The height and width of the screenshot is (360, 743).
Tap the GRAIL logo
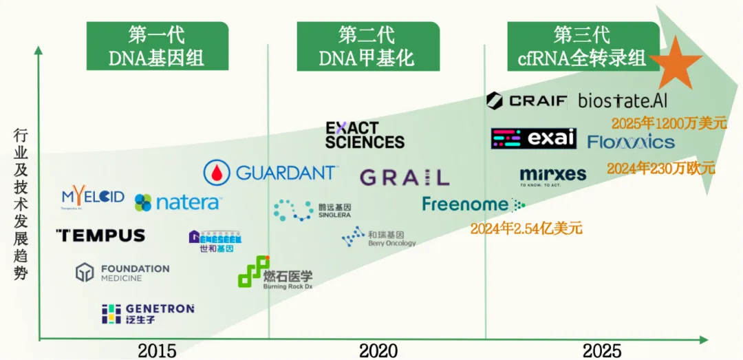[405, 177]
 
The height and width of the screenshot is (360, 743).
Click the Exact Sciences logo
[365, 135]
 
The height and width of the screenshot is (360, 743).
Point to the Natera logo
[177, 202]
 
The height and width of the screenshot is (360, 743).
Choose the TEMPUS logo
[100, 235]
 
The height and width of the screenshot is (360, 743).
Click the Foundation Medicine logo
[122, 273]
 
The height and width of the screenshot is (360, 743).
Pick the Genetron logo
[148, 313]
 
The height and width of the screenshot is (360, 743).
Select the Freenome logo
[473, 204]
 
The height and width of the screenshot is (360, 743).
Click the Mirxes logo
[553, 176]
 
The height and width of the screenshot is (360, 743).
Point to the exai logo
[533, 138]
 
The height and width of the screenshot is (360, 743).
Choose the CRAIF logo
[527, 100]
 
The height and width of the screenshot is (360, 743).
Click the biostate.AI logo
[623, 100]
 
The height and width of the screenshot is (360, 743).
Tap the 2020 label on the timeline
[378, 350]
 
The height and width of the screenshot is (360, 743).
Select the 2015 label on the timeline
[157, 350]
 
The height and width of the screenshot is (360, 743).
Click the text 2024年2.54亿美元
[526, 228]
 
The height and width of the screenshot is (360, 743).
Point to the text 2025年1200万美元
[669, 124]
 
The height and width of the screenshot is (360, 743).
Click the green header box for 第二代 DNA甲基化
[368, 45]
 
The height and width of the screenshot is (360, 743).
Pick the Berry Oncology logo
[378, 238]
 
